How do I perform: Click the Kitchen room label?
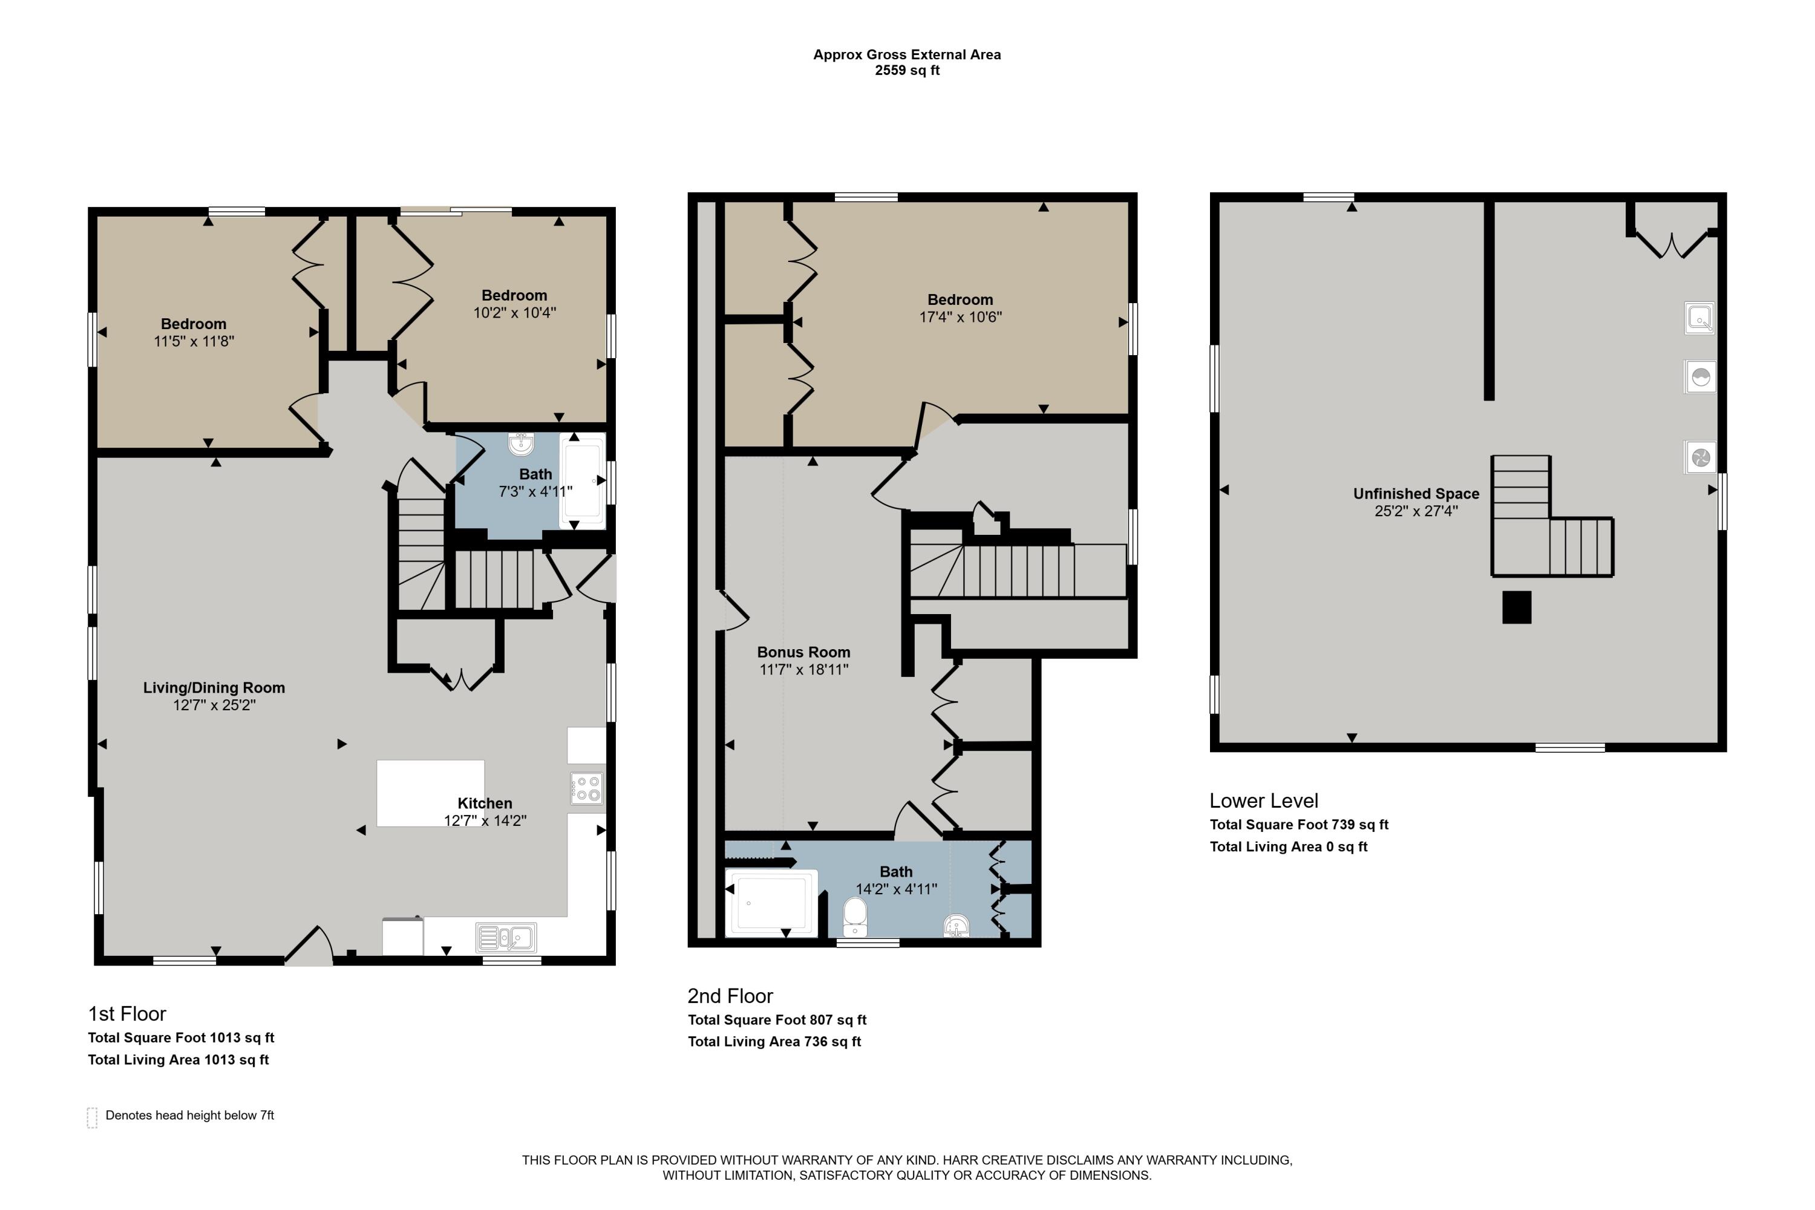click(485, 803)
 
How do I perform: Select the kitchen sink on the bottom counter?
click(506, 938)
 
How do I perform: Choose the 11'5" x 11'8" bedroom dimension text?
click(194, 341)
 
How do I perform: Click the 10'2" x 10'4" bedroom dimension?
click(515, 313)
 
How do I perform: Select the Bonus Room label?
click(803, 652)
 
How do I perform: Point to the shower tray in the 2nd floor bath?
click(771, 902)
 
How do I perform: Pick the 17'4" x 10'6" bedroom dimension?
click(960, 316)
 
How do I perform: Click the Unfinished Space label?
click(1416, 494)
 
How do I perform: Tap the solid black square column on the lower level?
click(1516, 607)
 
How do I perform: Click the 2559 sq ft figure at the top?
click(907, 70)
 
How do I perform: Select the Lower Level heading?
click(1263, 801)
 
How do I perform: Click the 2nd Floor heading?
click(730, 996)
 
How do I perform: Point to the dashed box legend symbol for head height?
click(92, 1117)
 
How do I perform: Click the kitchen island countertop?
click(430, 793)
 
